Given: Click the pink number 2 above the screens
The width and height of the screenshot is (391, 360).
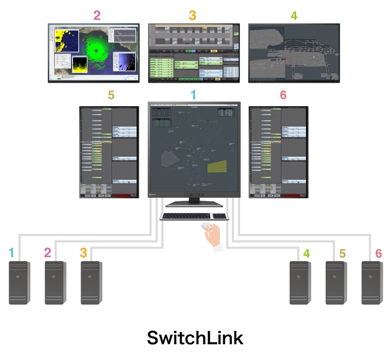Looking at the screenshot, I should [97, 15].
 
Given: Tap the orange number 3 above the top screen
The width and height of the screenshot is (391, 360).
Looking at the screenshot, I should [192, 15].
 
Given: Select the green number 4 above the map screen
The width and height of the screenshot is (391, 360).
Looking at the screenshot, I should [294, 15].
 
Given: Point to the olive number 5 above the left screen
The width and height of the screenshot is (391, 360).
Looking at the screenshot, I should [111, 95].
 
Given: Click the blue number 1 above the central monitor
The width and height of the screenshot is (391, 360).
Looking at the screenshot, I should [194, 95].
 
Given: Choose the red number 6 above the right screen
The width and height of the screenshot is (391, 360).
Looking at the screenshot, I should [283, 95].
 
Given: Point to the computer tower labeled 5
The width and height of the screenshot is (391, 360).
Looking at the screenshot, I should [336, 282].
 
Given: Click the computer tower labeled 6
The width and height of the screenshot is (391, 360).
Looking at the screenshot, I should [372, 282].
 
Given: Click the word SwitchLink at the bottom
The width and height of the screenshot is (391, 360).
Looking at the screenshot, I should [195, 338].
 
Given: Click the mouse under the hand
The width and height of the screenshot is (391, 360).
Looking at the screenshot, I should [207, 226].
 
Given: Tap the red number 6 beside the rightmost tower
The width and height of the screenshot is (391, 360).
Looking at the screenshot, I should [379, 253].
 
